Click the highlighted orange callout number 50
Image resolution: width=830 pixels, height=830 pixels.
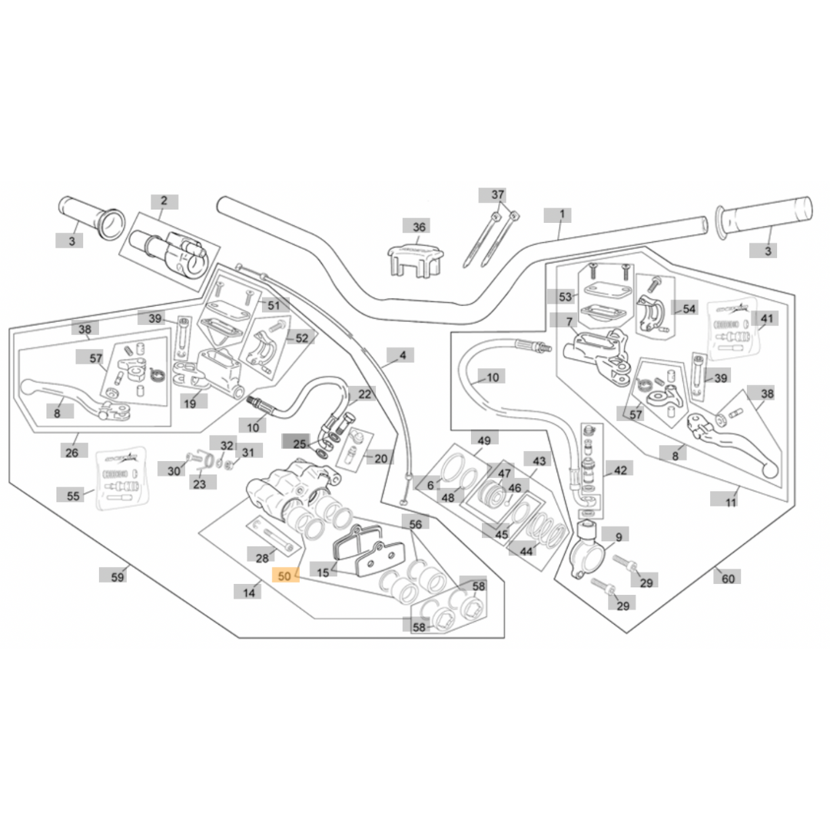285,576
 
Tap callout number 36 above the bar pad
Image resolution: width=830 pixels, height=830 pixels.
419,227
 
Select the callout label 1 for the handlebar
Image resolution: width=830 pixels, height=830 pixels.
562,214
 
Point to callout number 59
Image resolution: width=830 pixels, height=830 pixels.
118,576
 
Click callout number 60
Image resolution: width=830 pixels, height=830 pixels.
727,578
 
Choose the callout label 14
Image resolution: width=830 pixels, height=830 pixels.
249,592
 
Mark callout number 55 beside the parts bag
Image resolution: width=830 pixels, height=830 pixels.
73,496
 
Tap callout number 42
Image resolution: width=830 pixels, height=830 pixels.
620,470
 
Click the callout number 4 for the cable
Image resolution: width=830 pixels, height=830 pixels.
402,355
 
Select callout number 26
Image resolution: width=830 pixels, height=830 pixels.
71,453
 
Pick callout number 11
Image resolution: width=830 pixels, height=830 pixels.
730,502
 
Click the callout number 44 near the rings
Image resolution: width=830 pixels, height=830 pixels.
526,551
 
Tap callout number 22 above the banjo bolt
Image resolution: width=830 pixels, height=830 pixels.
364,394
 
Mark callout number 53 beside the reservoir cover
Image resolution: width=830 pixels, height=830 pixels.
566,297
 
